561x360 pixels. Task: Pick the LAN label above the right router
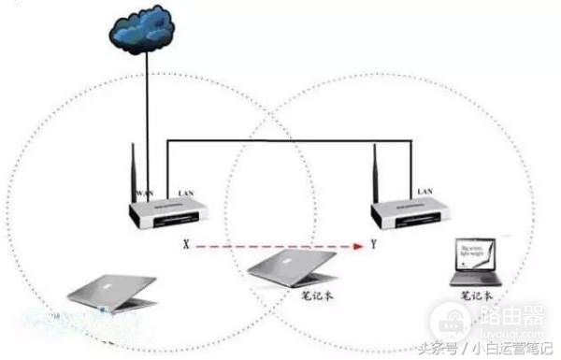424,191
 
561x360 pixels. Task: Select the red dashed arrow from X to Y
280,247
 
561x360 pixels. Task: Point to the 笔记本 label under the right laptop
477,295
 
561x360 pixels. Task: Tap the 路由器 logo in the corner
511,324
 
